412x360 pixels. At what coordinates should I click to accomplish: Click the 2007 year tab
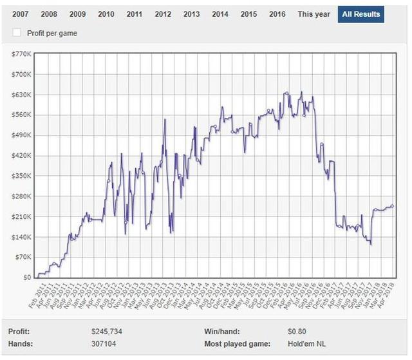tap(20, 14)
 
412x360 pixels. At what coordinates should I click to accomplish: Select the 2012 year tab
tap(163, 14)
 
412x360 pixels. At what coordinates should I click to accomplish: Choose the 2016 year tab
tap(277, 14)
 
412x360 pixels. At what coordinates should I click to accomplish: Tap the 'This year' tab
tap(314, 14)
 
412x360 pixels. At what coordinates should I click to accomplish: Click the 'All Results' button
tap(360, 14)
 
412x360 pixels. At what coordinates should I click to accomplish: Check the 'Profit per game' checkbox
tap(17, 33)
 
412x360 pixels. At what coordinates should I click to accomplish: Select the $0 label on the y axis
tap(26, 278)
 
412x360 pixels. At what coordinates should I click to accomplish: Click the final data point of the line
tap(392, 206)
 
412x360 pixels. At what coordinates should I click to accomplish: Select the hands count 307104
tap(105, 344)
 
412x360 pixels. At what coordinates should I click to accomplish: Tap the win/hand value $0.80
tap(297, 332)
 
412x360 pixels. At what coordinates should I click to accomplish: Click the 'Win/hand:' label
tap(221, 332)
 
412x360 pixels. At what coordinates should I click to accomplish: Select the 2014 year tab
tap(220, 14)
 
